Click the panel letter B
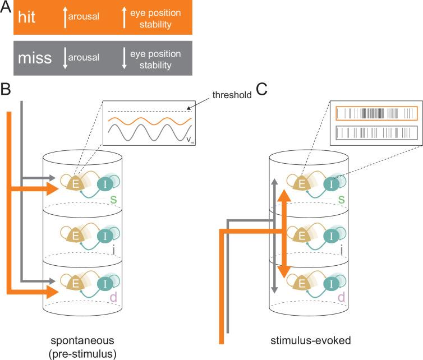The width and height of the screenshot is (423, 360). click(6, 89)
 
